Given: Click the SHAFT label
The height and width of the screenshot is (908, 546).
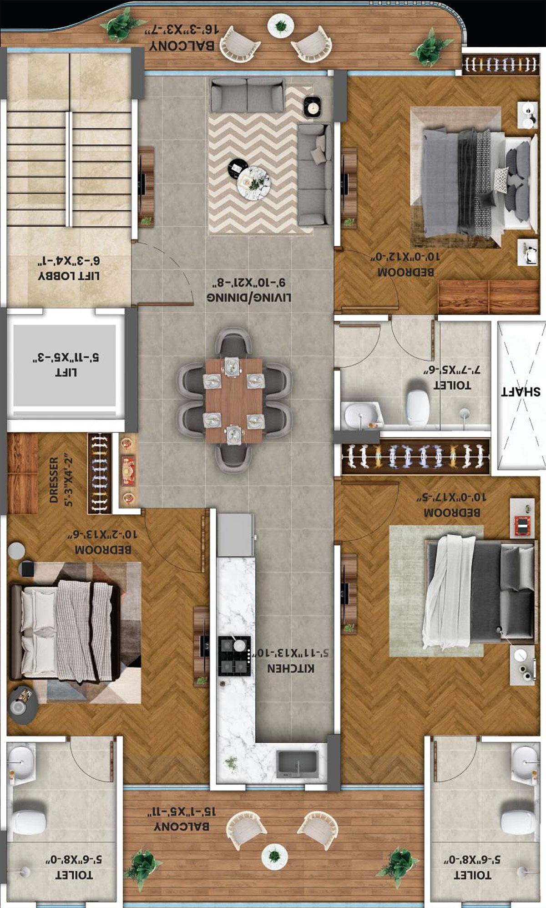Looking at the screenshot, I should click(x=521, y=391).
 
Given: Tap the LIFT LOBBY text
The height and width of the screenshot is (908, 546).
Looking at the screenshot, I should click(x=69, y=276).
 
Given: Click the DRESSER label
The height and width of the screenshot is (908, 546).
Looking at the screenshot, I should click(x=54, y=480).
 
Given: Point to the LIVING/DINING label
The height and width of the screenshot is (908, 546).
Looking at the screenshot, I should click(x=249, y=297).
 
